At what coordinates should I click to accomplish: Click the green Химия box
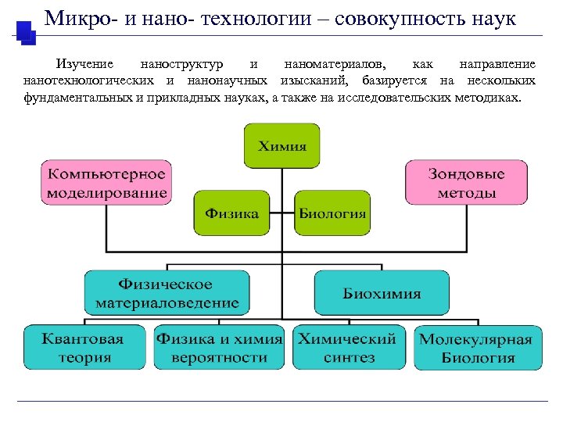click(x=282, y=146)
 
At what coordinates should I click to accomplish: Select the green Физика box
click(x=232, y=213)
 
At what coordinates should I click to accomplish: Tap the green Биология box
click(x=332, y=213)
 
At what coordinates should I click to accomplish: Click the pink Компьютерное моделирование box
click(x=106, y=183)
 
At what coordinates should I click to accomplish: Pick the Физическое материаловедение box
click(x=167, y=293)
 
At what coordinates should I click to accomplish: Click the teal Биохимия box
click(x=382, y=293)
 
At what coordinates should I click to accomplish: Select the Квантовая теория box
click(x=84, y=348)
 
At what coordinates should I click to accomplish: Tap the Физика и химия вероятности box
click(x=221, y=348)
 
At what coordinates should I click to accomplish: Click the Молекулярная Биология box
click(x=477, y=349)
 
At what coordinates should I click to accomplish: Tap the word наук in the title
click(x=493, y=18)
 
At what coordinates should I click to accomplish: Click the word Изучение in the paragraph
click(x=81, y=63)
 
